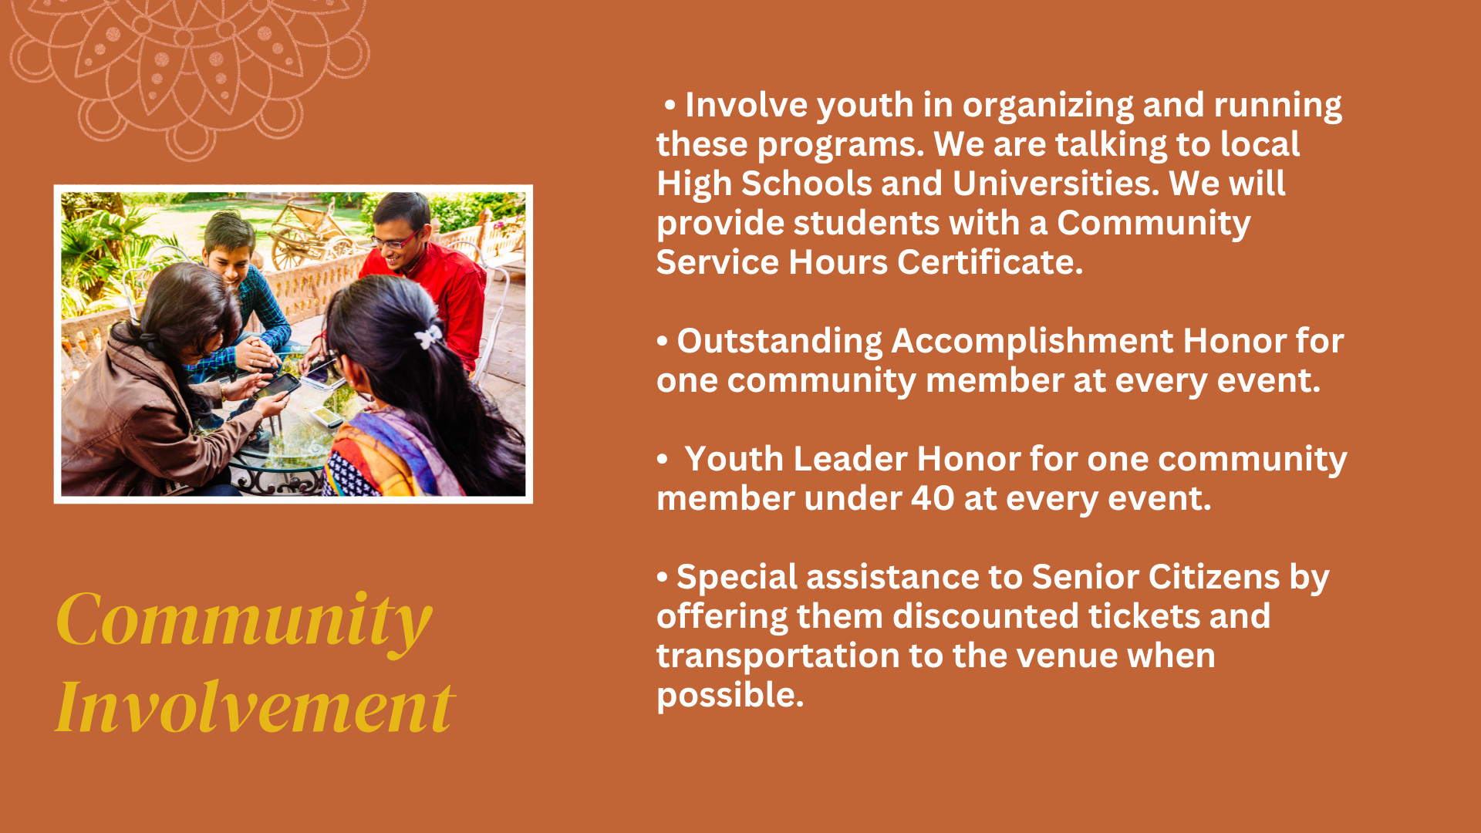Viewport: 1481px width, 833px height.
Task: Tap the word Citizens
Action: (1214, 578)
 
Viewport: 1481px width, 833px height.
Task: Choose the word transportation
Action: (778, 656)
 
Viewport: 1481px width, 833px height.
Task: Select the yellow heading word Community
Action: (244, 621)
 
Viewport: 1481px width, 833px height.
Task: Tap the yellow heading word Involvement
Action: (255, 707)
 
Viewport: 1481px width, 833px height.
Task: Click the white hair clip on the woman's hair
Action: (428, 336)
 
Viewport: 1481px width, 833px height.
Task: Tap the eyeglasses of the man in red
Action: (396, 241)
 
